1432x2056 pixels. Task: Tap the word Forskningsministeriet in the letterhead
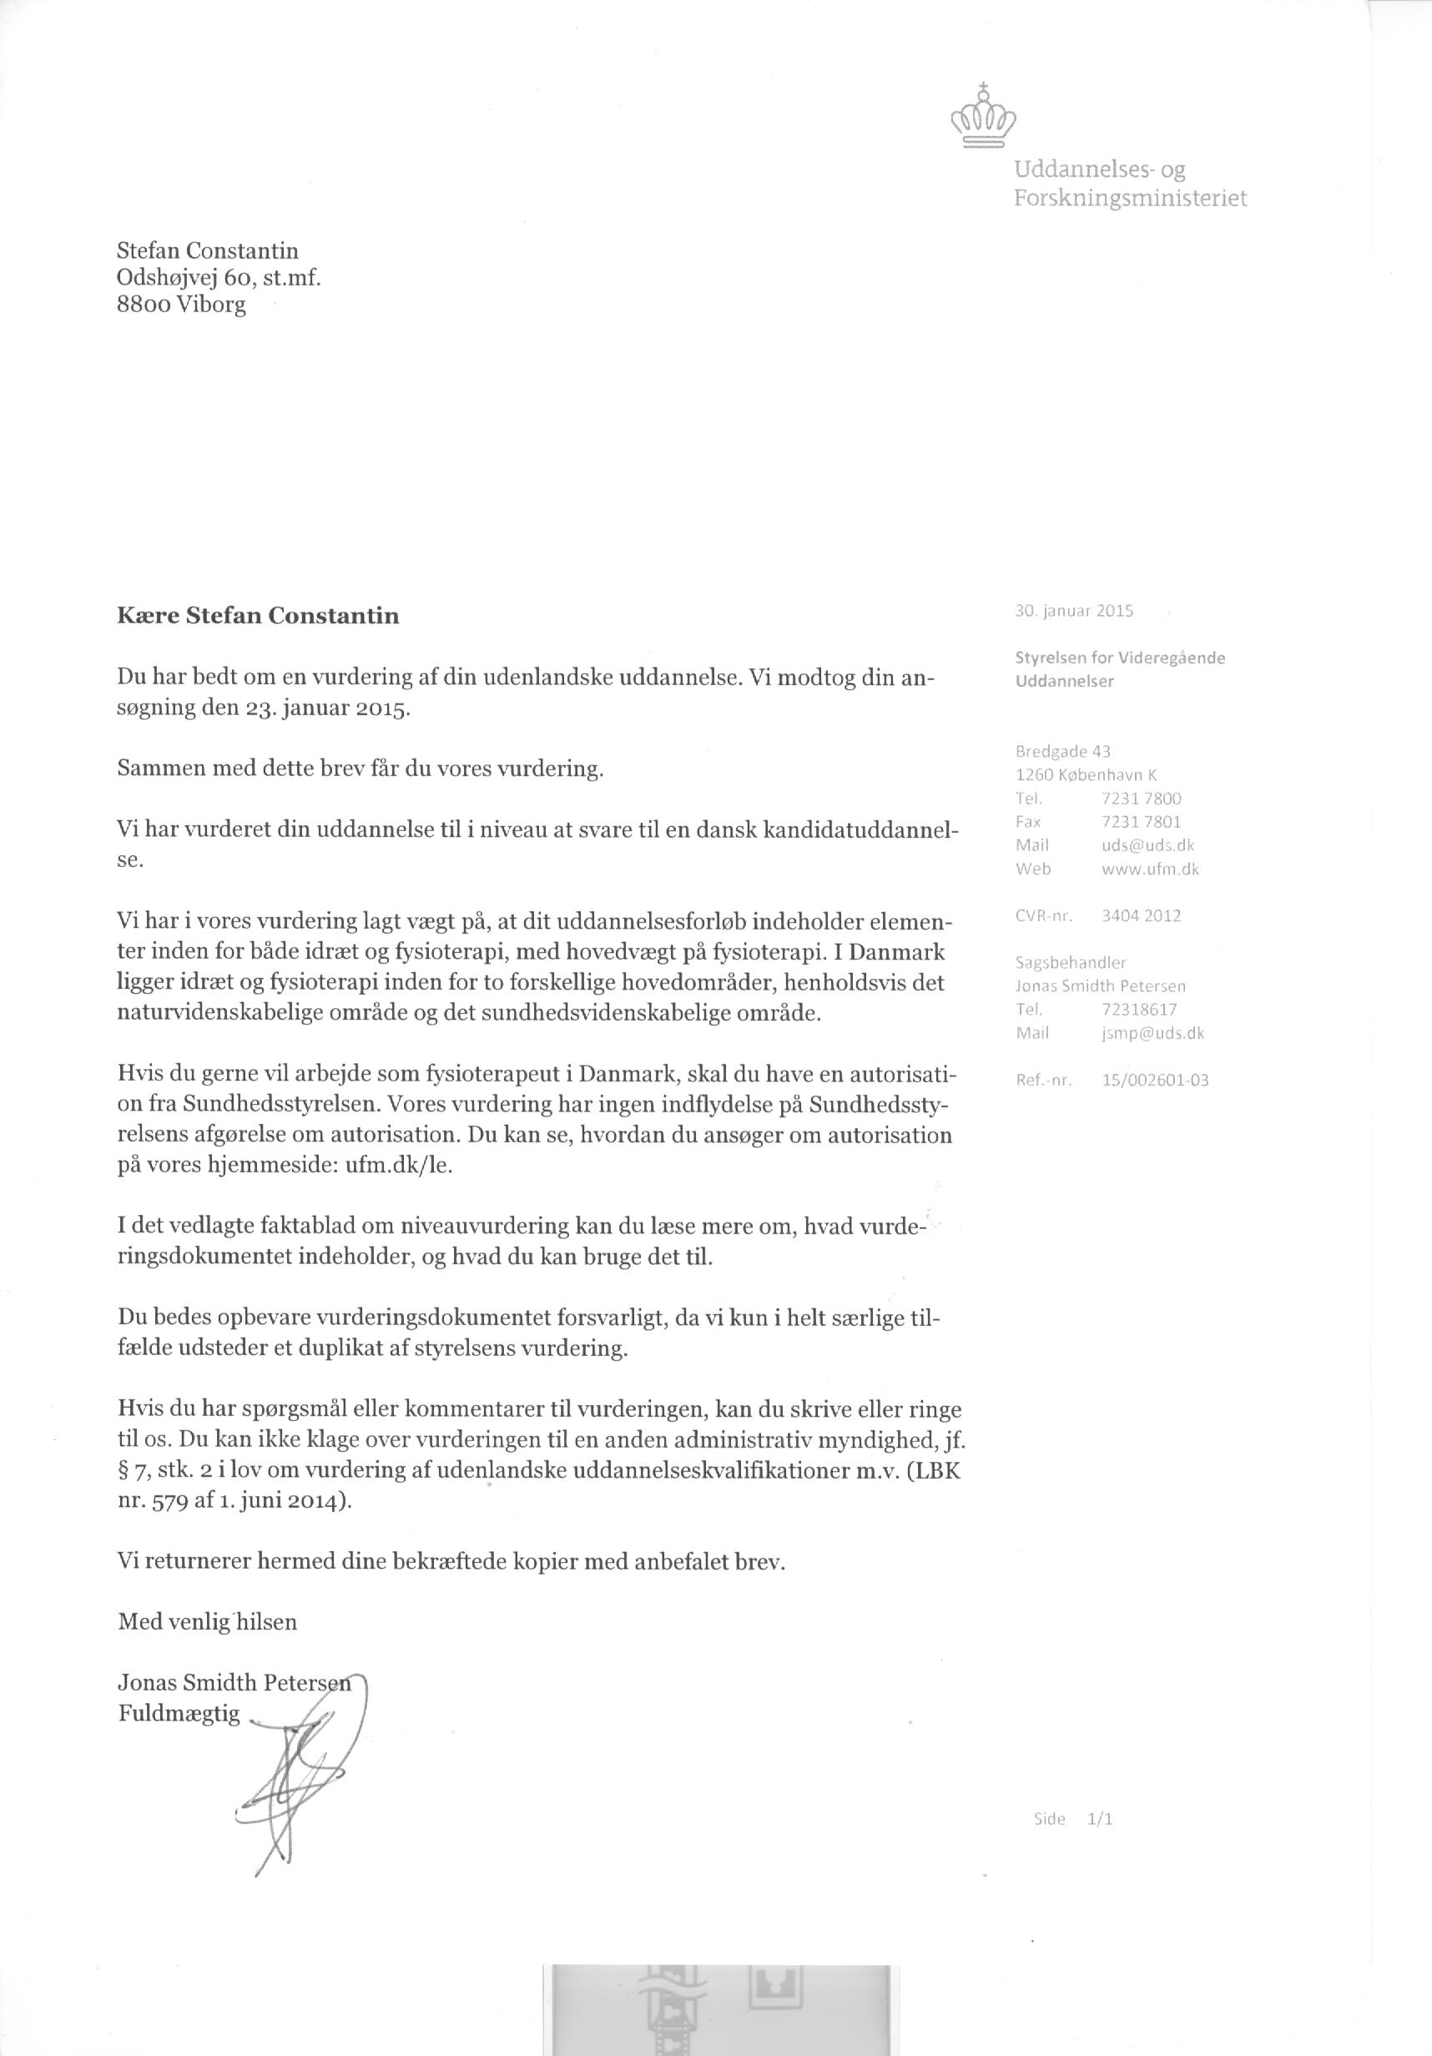1129,198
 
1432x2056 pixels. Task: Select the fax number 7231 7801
1142,821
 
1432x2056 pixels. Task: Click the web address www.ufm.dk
1151,868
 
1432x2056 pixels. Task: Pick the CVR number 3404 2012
1141,915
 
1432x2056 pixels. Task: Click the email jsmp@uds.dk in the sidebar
1153,1032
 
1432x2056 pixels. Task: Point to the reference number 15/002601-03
1155,1080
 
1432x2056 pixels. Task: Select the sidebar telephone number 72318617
1139,1009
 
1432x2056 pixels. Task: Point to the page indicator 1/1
1100,1819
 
